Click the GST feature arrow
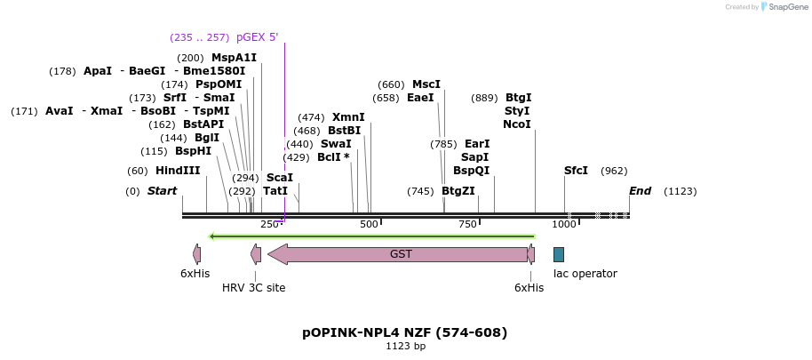click(401, 254)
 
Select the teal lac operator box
click(558, 254)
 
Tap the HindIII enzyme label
click(178, 171)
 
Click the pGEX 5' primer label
click(257, 37)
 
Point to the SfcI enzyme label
click(576, 171)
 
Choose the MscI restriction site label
click(426, 84)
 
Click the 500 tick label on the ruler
click(370, 224)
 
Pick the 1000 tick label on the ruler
click(564, 224)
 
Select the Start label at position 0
click(162, 191)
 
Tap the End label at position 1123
click(640, 191)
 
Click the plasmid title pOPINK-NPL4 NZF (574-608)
click(405, 332)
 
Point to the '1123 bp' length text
click(405, 347)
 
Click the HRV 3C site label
click(253, 287)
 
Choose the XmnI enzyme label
click(348, 117)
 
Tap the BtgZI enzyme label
click(458, 191)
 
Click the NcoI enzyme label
click(516, 124)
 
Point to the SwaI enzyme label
click(335, 144)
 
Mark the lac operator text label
click(585, 274)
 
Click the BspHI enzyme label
click(193, 151)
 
